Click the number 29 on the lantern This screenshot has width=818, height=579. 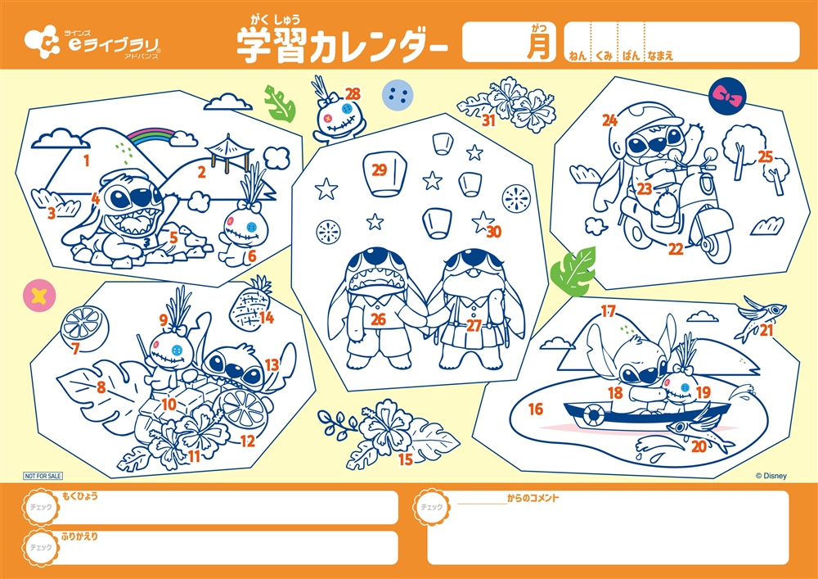(380, 170)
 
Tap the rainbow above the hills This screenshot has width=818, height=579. (151, 134)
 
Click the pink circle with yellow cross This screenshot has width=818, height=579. (39, 296)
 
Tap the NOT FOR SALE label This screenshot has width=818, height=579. (43, 476)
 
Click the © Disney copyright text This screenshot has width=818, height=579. (771, 476)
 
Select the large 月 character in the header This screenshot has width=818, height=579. (538, 47)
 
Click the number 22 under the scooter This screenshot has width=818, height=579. (676, 250)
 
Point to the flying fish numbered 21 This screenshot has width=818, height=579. (761, 319)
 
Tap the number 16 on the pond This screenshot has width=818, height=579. (536, 409)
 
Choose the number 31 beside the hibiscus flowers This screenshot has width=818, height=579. (488, 120)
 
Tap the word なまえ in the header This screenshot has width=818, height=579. (659, 56)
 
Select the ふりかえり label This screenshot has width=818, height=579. (79, 536)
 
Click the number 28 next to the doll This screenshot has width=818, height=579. (353, 94)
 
